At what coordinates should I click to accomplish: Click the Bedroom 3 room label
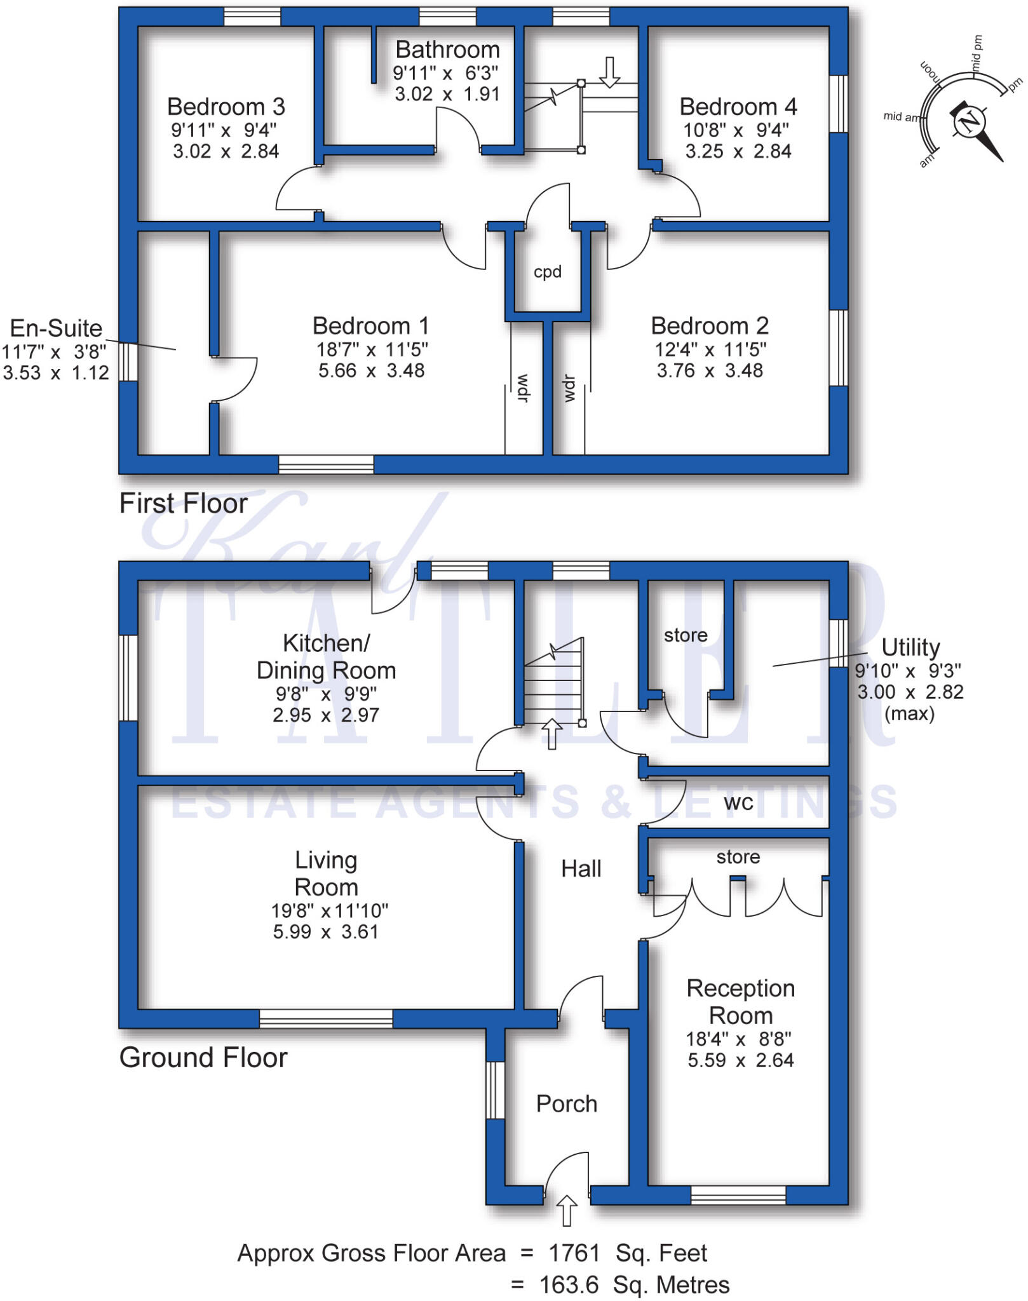pyautogui.click(x=226, y=107)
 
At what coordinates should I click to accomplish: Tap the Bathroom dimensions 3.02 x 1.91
pyautogui.click(x=447, y=95)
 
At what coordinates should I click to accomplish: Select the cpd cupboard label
pyautogui.click(x=547, y=272)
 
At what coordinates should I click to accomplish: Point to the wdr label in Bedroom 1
pyautogui.click(x=523, y=388)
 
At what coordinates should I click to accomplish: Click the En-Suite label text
pyautogui.click(x=56, y=328)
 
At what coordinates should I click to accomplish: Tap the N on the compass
pyautogui.click(x=969, y=121)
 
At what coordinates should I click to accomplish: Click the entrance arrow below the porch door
pyautogui.click(x=567, y=1210)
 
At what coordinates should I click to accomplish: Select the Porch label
pyautogui.click(x=567, y=1104)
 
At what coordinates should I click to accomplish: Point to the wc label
pyautogui.click(x=738, y=803)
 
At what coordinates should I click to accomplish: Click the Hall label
pyautogui.click(x=581, y=869)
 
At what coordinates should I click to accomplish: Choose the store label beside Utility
pyautogui.click(x=686, y=635)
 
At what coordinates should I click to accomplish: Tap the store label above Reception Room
pyautogui.click(x=738, y=857)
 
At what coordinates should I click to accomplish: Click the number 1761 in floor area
pyautogui.click(x=574, y=1253)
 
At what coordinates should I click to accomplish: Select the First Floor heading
pyautogui.click(x=183, y=504)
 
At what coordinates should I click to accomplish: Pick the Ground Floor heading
pyautogui.click(x=203, y=1058)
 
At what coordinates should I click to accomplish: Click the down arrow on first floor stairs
pyautogui.click(x=609, y=72)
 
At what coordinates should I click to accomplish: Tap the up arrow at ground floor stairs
pyautogui.click(x=551, y=734)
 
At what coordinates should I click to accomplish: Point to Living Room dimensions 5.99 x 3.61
pyautogui.click(x=325, y=932)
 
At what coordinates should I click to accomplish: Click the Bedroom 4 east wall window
pyautogui.click(x=839, y=104)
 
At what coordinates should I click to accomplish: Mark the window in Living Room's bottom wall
pyautogui.click(x=326, y=1018)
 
